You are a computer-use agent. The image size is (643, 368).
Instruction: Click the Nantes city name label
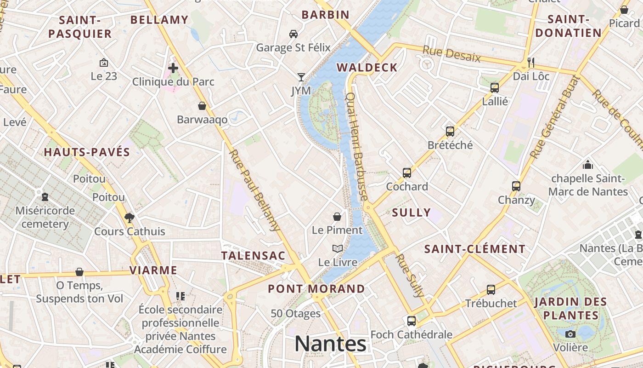330,344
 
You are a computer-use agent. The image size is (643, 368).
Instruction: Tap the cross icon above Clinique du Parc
173,69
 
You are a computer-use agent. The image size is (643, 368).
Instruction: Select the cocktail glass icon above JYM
301,77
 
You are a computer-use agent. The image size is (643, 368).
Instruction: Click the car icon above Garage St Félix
293,34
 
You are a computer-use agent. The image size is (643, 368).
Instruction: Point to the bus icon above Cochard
406,173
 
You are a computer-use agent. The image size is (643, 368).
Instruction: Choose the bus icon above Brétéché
450,132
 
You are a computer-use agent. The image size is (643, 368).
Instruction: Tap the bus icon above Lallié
495,88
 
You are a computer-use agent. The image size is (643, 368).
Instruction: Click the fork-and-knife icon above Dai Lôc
531,62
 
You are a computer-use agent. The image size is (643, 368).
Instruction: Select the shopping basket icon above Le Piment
337,216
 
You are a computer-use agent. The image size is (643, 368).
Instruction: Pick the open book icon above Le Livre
338,249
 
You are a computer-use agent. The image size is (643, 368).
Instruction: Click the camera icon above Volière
570,334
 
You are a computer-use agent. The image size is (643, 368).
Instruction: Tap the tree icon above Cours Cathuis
130,218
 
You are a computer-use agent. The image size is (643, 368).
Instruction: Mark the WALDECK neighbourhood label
367,68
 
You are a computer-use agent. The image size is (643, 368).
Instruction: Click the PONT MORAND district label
316,289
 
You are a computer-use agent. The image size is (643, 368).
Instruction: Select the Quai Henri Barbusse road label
357,146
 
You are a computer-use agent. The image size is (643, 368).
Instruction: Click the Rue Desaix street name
451,54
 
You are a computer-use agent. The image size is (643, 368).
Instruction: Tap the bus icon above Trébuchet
491,290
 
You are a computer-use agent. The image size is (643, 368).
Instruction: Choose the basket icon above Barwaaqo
202,106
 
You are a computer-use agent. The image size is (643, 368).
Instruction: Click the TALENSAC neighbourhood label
253,256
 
